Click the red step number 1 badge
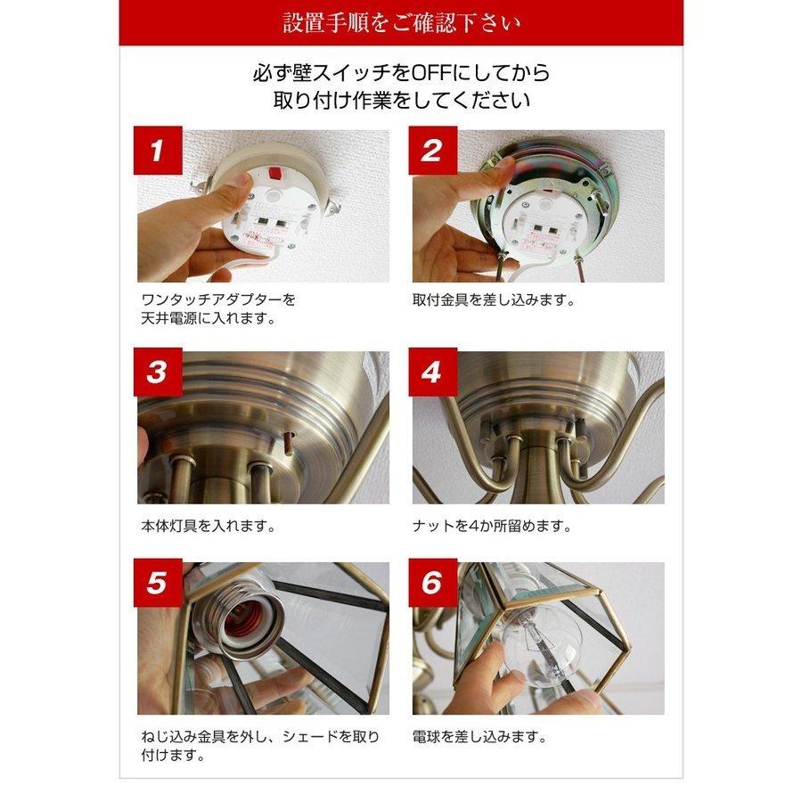click(x=158, y=151)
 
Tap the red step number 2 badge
click(x=432, y=151)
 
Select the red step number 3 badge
click(x=158, y=372)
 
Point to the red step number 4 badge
click(x=432, y=372)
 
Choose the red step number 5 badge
click(x=158, y=584)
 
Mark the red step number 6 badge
click(x=432, y=584)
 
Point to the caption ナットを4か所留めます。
click(x=492, y=526)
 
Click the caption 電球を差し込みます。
click(x=479, y=737)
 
